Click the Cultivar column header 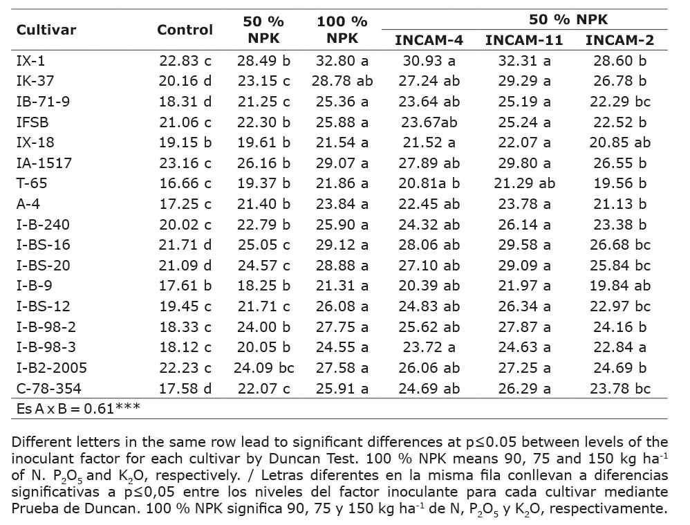[x=46, y=30]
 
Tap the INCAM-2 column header [x=619, y=39]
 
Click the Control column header [x=185, y=30]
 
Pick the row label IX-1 [x=31, y=61]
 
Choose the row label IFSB [x=32, y=122]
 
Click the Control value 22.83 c [x=185, y=61]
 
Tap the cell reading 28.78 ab [x=342, y=81]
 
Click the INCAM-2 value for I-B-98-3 [x=619, y=347]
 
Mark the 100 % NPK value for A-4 [x=342, y=204]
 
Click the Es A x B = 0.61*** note [x=78, y=408]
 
